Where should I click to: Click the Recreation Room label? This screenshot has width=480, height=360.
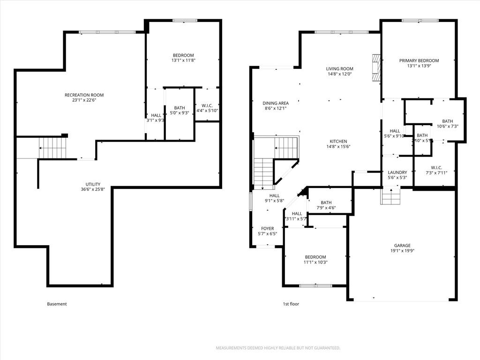(x=84, y=95)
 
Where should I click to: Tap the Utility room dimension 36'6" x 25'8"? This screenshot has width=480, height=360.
(x=92, y=190)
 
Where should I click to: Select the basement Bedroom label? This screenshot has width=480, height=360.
(x=182, y=55)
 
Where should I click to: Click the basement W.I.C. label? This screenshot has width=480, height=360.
(x=207, y=105)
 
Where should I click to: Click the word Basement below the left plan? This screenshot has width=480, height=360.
(x=57, y=304)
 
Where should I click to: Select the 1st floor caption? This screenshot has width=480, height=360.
(x=291, y=304)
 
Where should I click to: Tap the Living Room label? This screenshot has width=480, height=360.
(x=339, y=69)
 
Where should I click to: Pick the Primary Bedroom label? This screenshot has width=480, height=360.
(x=419, y=60)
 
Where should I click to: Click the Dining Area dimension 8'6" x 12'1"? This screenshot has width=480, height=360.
(x=275, y=108)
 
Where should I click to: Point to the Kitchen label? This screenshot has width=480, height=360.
(x=338, y=141)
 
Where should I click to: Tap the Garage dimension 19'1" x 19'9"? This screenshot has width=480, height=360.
(x=402, y=251)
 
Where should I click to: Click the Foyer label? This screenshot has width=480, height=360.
(x=267, y=229)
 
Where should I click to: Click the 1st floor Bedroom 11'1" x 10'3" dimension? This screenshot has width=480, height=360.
(x=315, y=262)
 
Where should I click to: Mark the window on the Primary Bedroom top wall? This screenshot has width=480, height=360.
(x=420, y=20)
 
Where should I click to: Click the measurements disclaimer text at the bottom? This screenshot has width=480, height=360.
(x=277, y=348)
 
